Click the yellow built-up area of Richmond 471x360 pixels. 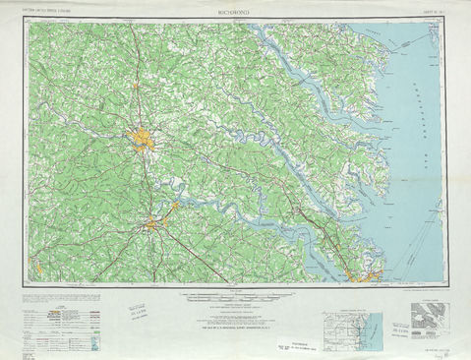[x=143, y=143]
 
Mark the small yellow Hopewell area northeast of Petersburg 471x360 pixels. [x=175, y=207]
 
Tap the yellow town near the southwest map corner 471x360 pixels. [x=35, y=263]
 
